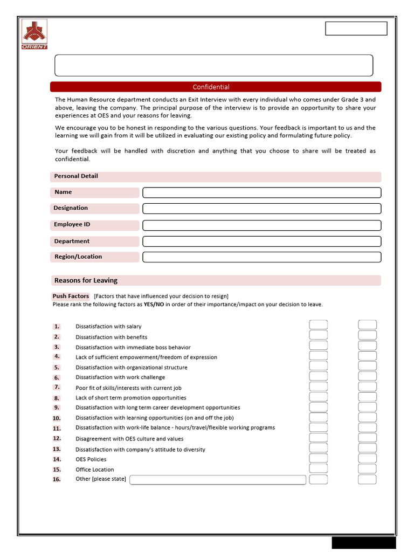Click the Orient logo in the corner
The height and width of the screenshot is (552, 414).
point(34,34)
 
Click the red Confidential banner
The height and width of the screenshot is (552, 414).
point(216,87)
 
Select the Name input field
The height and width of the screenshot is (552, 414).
point(261,192)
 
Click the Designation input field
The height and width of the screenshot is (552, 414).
point(261,209)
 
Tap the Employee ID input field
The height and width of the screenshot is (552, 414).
point(261,225)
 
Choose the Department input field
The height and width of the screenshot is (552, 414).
point(261,241)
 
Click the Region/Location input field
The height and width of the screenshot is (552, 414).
point(261,257)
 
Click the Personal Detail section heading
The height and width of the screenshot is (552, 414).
point(76,176)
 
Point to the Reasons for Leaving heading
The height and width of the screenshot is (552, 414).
point(86,280)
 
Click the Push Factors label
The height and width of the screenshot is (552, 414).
point(71,296)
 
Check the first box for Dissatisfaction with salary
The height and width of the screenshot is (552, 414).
point(318,325)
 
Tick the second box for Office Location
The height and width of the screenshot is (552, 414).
point(367,469)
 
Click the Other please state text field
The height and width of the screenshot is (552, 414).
point(218,480)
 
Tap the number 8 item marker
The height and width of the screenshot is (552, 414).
point(57,398)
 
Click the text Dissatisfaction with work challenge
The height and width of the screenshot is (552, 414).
point(120,377)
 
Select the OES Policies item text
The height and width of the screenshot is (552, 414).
point(91,459)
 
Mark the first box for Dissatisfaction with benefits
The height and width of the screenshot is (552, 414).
point(318,335)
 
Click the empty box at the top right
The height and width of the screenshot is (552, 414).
point(356,29)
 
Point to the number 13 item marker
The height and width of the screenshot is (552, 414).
point(57,449)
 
